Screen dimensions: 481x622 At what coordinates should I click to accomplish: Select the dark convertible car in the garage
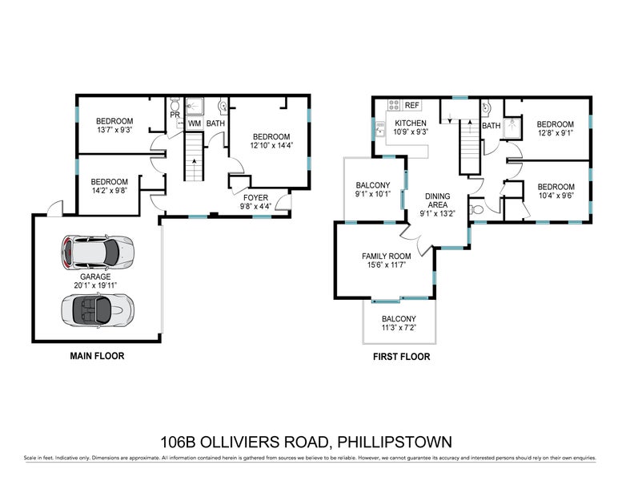(x=95, y=307)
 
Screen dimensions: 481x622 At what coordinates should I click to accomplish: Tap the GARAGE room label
(x=94, y=277)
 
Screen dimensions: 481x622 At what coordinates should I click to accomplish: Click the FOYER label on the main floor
(x=256, y=196)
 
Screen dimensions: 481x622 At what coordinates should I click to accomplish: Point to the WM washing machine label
(x=194, y=123)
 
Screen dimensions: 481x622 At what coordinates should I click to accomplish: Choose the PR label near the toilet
(x=174, y=115)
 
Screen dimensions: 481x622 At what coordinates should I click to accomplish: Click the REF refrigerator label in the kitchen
(x=412, y=105)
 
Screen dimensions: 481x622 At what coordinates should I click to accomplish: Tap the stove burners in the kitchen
(x=394, y=105)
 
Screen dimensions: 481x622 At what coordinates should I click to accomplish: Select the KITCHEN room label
(x=411, y=123)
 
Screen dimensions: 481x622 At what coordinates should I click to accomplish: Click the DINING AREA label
(x=437, y=200)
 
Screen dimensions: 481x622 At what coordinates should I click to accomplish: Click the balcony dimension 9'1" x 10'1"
(x=372, y=193)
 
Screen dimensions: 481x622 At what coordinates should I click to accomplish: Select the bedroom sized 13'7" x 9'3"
(x=114, y=130)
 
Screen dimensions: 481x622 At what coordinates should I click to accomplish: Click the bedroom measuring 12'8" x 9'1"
(x=555, y=133)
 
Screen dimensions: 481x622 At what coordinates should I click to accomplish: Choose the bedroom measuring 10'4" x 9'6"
(x=555, y=195)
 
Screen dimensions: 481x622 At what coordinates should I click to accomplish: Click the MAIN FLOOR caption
(x=97, y=356)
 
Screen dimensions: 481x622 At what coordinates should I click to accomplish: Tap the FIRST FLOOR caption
(x=403, y=357)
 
